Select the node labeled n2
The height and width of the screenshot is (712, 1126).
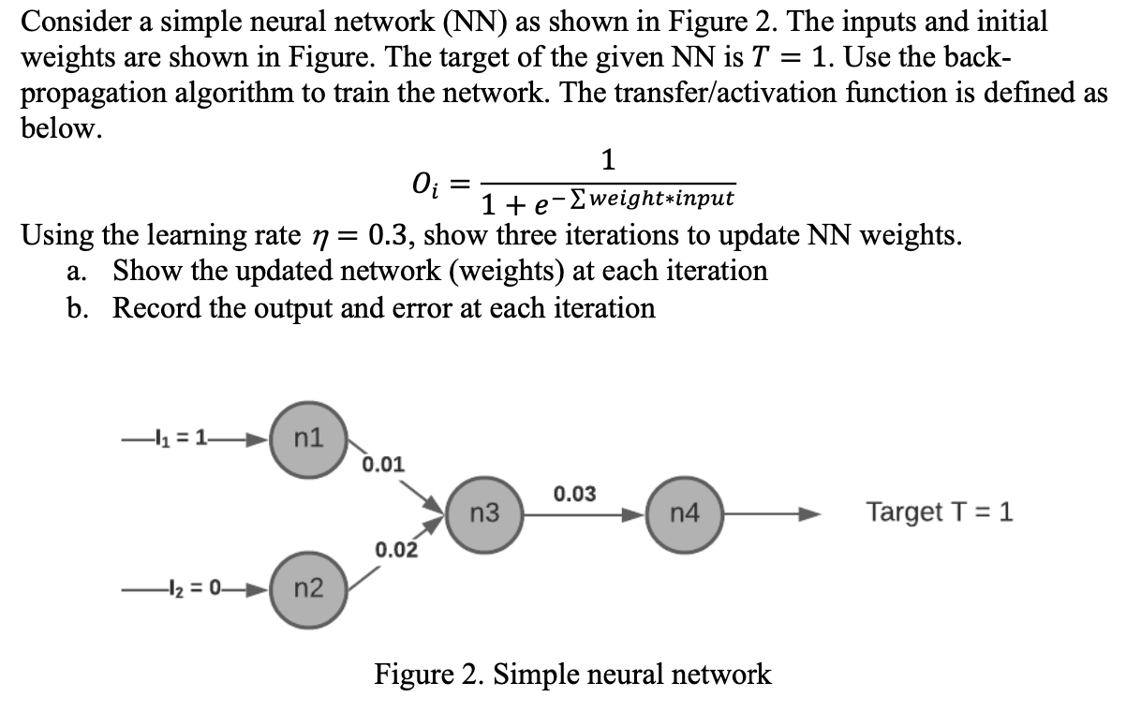309,588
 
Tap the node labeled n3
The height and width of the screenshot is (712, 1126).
484,513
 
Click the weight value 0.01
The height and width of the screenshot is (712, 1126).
383,464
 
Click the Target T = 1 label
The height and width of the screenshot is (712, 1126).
939,512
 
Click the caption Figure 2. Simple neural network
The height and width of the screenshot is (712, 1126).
573,674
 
